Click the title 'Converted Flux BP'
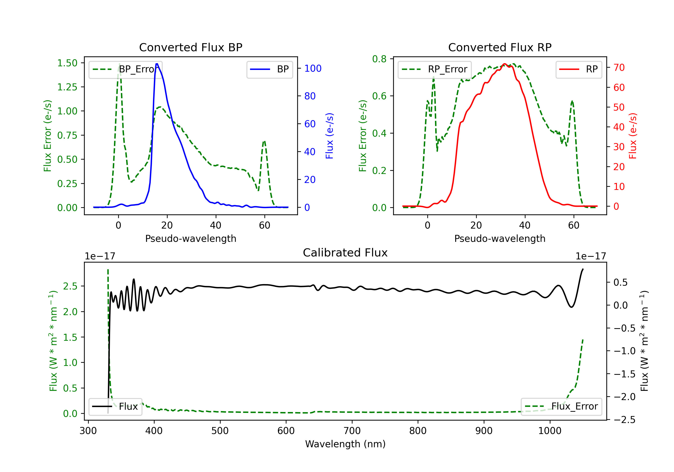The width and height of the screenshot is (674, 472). pyautogui.click(x=191, y=47)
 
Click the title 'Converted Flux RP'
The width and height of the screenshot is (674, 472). pyautogui.click(x=500, y=47)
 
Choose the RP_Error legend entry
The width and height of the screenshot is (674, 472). pyautogui.click(x=435, y=69)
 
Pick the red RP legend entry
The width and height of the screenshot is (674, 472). pyautogui.click(x=579, y=69)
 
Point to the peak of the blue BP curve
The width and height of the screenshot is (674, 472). pyautogui.click(x=157, y=64)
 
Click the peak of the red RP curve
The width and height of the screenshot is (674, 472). pyautogui.click(x=504, y=64)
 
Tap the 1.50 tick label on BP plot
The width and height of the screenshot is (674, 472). pyautogui.click(x=67, y=63)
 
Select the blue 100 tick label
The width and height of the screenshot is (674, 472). pyautogui.click(x=313, y=68)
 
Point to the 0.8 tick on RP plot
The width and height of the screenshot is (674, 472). pyautogui.click(x=379, y=59)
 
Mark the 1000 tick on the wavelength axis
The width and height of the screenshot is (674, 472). pyautogui.click(x=550, y=431)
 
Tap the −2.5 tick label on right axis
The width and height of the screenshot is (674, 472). pyautogui.click(x=624, y=420)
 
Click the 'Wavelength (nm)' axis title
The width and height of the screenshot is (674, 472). pyautogui.click(x=345, y=444)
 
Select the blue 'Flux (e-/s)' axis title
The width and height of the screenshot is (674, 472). pyautogui.click(x=329, y=136)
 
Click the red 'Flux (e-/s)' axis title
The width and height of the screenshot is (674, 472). pyautogui.click(x=633, y=136)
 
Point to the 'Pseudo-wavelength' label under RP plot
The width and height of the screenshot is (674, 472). pyautogui.click(x=500, y=238)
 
